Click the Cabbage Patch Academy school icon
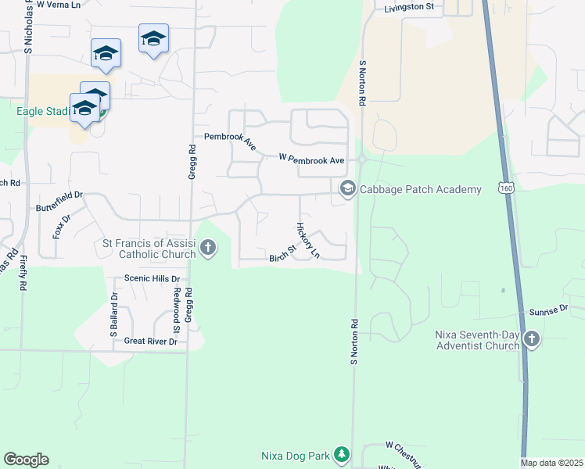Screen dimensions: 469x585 pyautogui.click(x=347, y=188)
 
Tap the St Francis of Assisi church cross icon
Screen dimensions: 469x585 pyautogui.click(x=208, y=249)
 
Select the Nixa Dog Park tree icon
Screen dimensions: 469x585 pyautogui.click(x=341, y=454)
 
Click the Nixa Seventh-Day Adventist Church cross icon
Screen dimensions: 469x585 pyautogui.click(x=532, y=339)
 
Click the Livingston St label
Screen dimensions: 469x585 pyautogui.click(x=408, y=7)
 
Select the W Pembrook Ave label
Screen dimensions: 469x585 pyautogui.click(x=311, y=159)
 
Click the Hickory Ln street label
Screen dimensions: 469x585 pyautogui.click(x=307, y=240)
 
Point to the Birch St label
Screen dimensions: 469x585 pyautogui.click(x=282, y=254)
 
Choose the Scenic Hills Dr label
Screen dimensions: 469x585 pyautogui.click(x=152, y=278)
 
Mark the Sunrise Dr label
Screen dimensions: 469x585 pyautogui.click(x=547, y=311)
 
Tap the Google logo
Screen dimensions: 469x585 pyautogui.click(x=26, y=460)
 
